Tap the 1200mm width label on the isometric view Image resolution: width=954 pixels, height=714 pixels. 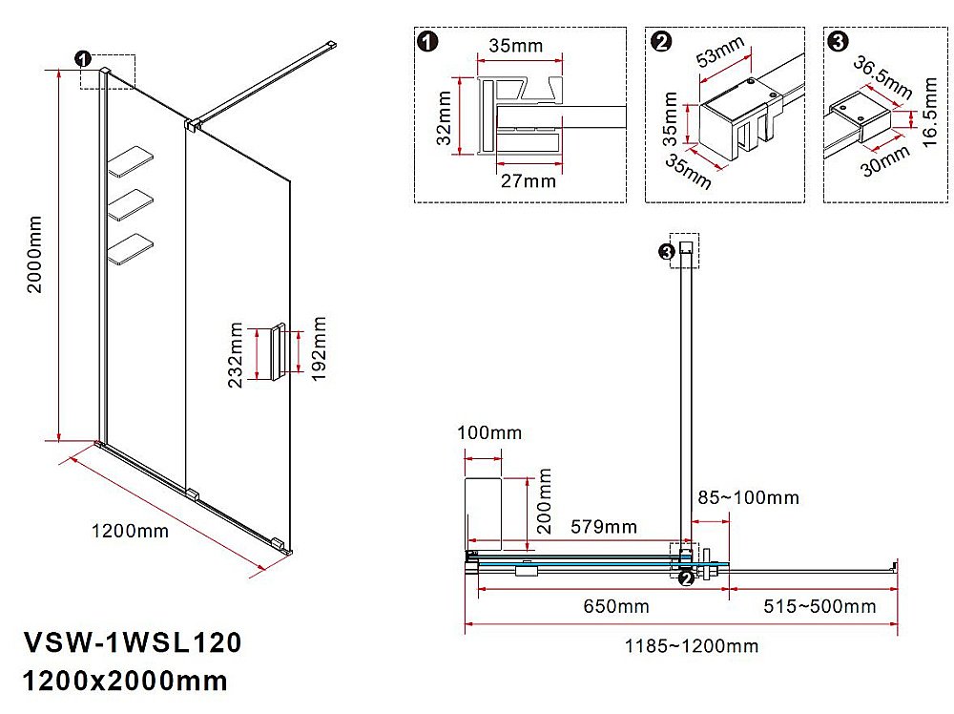(130, 531)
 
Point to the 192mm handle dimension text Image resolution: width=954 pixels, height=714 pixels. (319, 350)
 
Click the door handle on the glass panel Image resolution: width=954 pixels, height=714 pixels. (278, 353)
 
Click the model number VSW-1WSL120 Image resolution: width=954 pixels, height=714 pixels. (131, 642)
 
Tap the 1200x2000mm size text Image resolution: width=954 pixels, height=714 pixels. (124, 681)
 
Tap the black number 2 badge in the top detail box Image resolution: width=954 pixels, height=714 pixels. (660, 42)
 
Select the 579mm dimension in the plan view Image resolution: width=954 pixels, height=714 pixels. (604, 527)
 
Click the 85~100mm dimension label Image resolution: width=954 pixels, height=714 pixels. (748, 497)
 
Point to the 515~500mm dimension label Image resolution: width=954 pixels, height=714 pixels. (819, 606)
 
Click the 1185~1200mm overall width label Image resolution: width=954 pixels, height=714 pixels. (692, 646)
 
